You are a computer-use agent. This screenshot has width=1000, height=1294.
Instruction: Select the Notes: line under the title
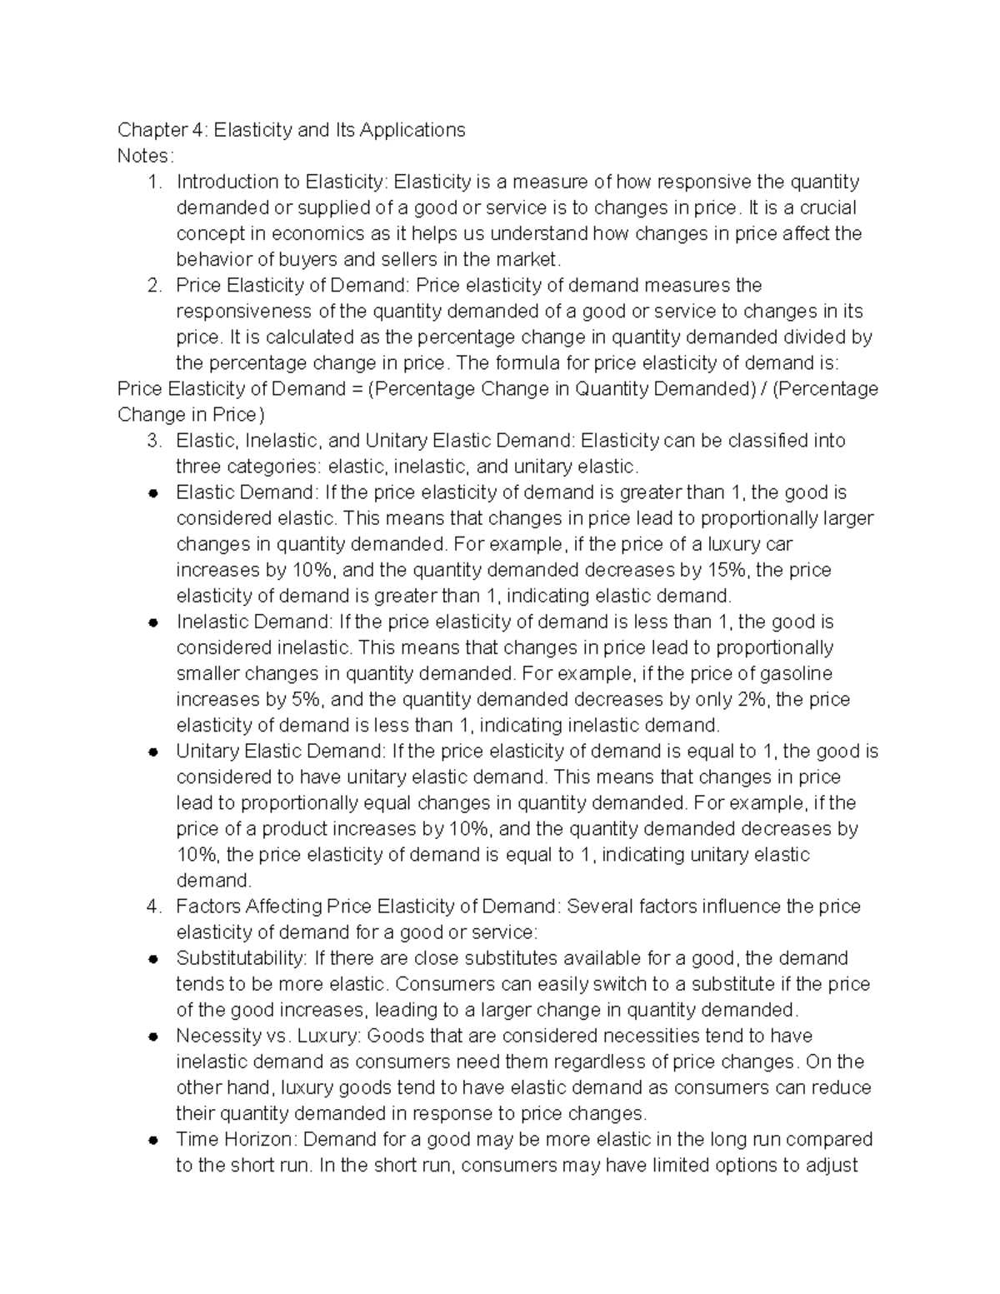point(146,156)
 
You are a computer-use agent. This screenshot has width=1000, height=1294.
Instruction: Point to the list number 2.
point(154,285)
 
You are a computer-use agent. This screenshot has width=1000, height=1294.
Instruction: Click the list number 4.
point(154,906)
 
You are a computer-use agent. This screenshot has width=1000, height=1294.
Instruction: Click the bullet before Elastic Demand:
point(152,493)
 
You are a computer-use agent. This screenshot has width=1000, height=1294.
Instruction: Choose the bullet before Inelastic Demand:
point(152,622)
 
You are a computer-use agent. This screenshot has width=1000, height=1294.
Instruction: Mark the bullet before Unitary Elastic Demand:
point(152,752)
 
